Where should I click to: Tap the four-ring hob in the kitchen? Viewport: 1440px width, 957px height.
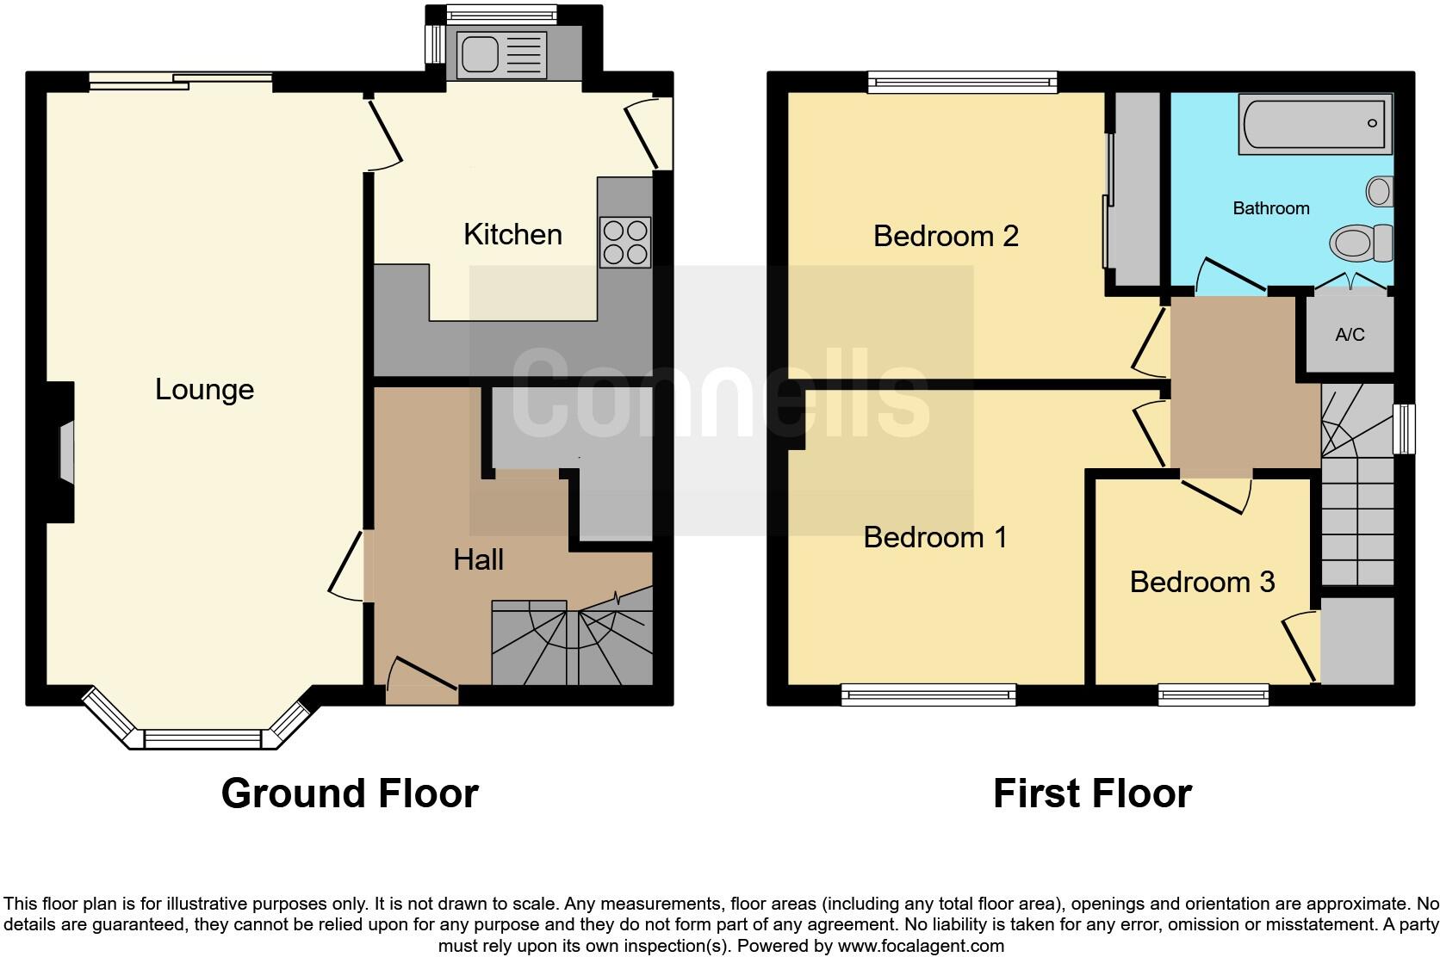pos(625,242)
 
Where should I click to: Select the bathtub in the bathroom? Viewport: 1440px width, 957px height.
pos(1314,124)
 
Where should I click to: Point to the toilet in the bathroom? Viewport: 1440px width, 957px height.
pos(1362,241)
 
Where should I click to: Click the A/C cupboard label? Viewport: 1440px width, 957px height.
pos(1350,335)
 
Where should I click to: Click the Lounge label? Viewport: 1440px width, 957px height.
pos(204,389)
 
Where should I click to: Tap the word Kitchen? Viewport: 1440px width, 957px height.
pos(512,234)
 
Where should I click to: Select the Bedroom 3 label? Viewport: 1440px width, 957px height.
pos(1201,582)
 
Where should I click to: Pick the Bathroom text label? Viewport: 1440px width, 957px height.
pos(1270,208)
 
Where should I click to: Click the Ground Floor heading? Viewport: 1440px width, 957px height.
pos(349,793)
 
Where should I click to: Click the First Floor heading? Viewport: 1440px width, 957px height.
pos(1091,793)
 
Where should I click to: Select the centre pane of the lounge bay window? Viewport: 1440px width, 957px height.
pos(202,738)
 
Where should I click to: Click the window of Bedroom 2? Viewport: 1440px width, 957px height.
pos(962,82)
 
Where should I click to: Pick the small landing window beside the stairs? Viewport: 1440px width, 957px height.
pos(1404,429)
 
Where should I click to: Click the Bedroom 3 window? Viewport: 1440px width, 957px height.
pos(1213,693)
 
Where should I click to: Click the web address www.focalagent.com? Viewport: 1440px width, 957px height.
pos(920,946)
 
